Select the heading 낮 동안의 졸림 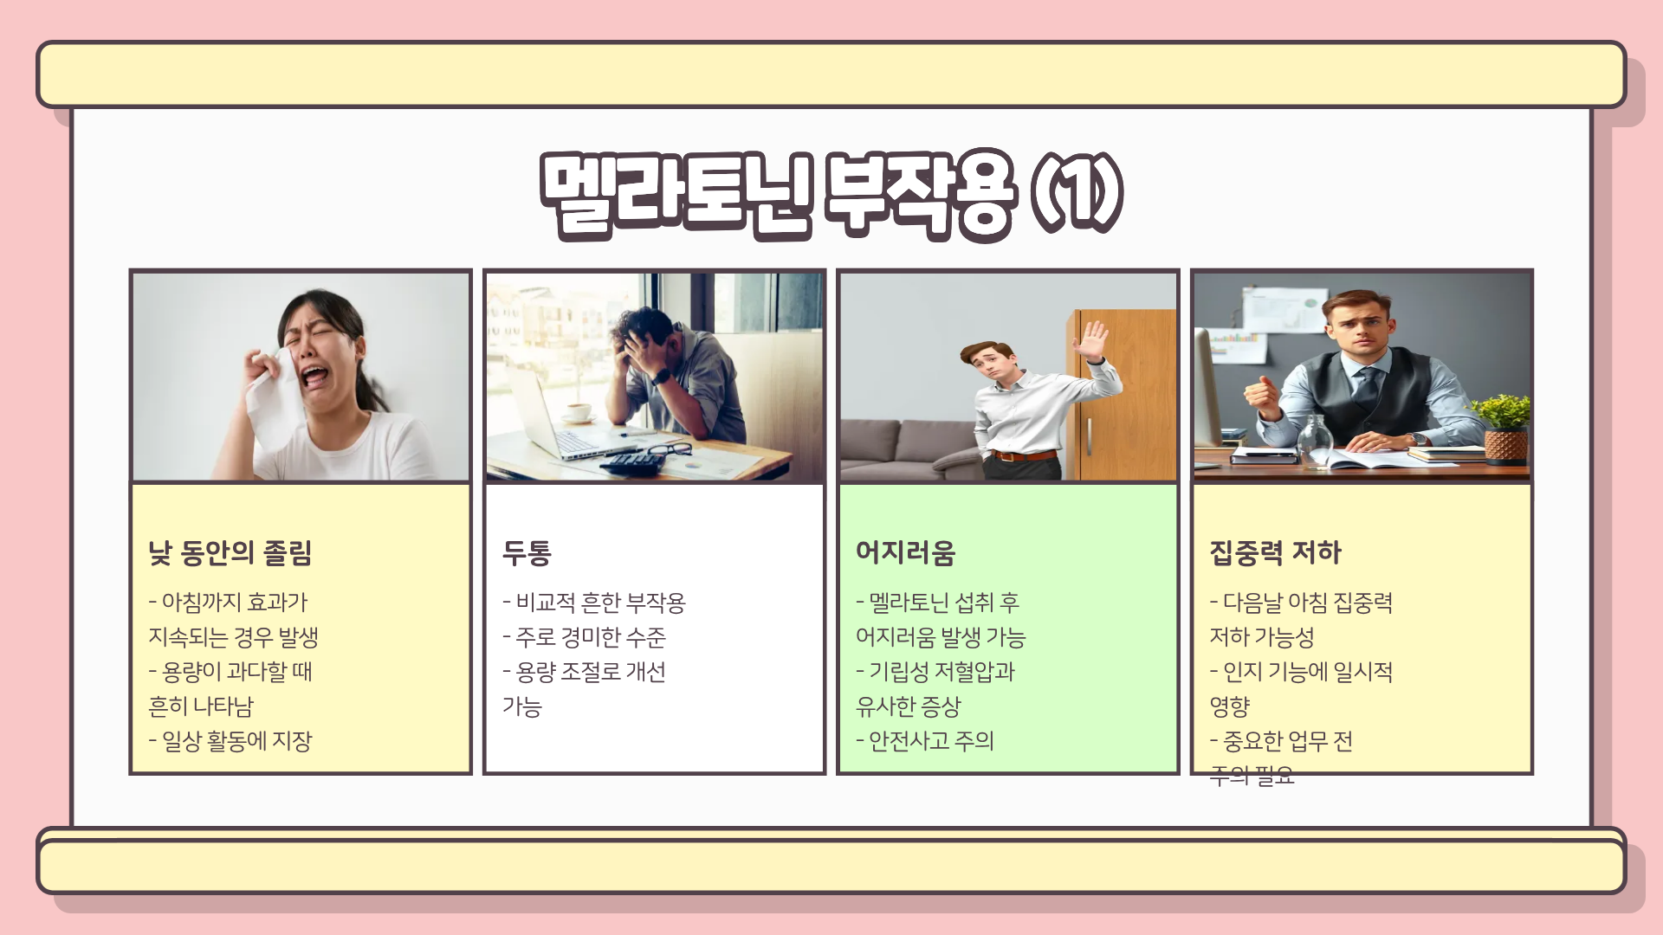[230, 552]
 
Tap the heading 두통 [527, 552]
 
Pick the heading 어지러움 [905, 552]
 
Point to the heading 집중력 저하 [1275, 552]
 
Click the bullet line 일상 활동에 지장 [230, 741]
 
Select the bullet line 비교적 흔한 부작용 [594, 603]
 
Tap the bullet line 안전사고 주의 [925, 741]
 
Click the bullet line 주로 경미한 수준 [585, 637]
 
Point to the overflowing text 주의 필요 [1252, 776]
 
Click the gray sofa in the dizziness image [901, 446]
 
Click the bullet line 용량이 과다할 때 [230, 672]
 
